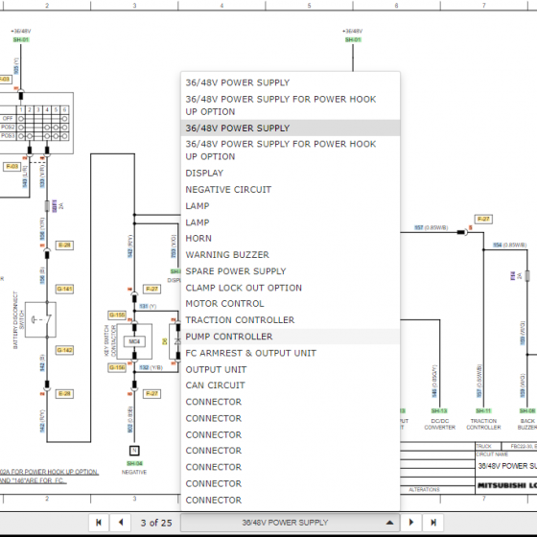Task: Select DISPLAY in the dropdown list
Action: click(204, 174)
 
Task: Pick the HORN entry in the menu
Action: click(198, 239)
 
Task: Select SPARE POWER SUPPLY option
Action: click(235, 271)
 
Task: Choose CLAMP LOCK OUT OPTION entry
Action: click(244, 288)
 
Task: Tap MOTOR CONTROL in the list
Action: click(224, 304)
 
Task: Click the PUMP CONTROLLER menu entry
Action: click(228, 337)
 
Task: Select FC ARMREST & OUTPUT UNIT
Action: click(250, 353)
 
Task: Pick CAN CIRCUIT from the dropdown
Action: click(215, 385)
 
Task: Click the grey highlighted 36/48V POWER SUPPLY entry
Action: click(237, 128)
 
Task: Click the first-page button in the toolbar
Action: click(98, 523)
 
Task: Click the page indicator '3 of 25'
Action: click(155, 523)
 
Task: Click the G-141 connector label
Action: click(64, 289)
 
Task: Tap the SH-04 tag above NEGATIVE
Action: click(134, 462)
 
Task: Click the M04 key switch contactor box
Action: click(134, 340)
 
